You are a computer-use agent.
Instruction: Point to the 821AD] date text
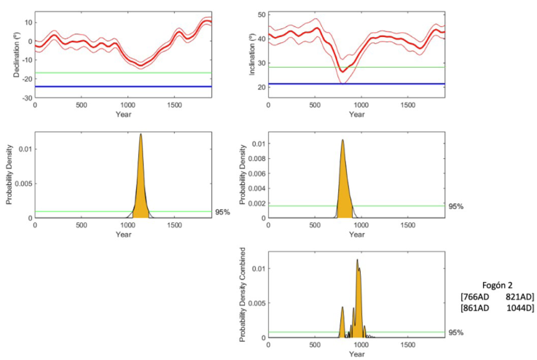point(520,297)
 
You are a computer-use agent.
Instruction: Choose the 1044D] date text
point(520,308)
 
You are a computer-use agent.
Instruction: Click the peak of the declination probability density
point(141,134)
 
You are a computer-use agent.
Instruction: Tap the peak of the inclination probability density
point(342,140)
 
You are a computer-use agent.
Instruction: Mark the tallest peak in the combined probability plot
point(357,259)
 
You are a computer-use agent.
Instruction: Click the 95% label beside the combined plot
point(456,332)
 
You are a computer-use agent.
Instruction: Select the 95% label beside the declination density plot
point(223,212)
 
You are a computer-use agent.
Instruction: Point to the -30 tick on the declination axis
point(26,98)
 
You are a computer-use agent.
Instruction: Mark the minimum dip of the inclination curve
point(341,71)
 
